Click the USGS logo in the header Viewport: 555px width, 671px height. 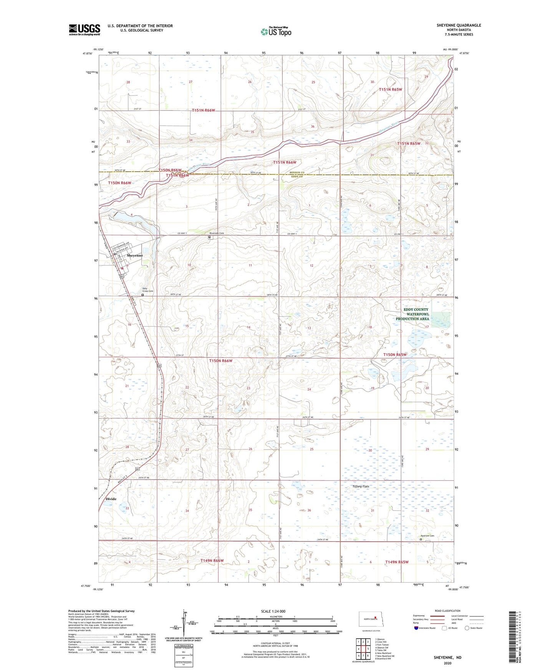pyautogui.click(x=84, y=29)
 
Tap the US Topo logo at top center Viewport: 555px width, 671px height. pyautogui.click(x=276, y=32)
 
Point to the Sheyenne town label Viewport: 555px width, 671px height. pyautogui.click(x=135, y=256)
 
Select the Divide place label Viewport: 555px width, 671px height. pyautogui.click(x=111, y=499)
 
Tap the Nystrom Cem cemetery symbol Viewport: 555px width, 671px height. pyautogui.click(x=421, y=539)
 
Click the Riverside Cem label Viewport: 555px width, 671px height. pyautogui.click(x=217, y=233)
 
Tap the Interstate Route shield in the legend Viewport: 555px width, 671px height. pyautogui.click(x=417, y=628)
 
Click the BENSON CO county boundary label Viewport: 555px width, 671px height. pyautogui.click(x=297, y=173)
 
